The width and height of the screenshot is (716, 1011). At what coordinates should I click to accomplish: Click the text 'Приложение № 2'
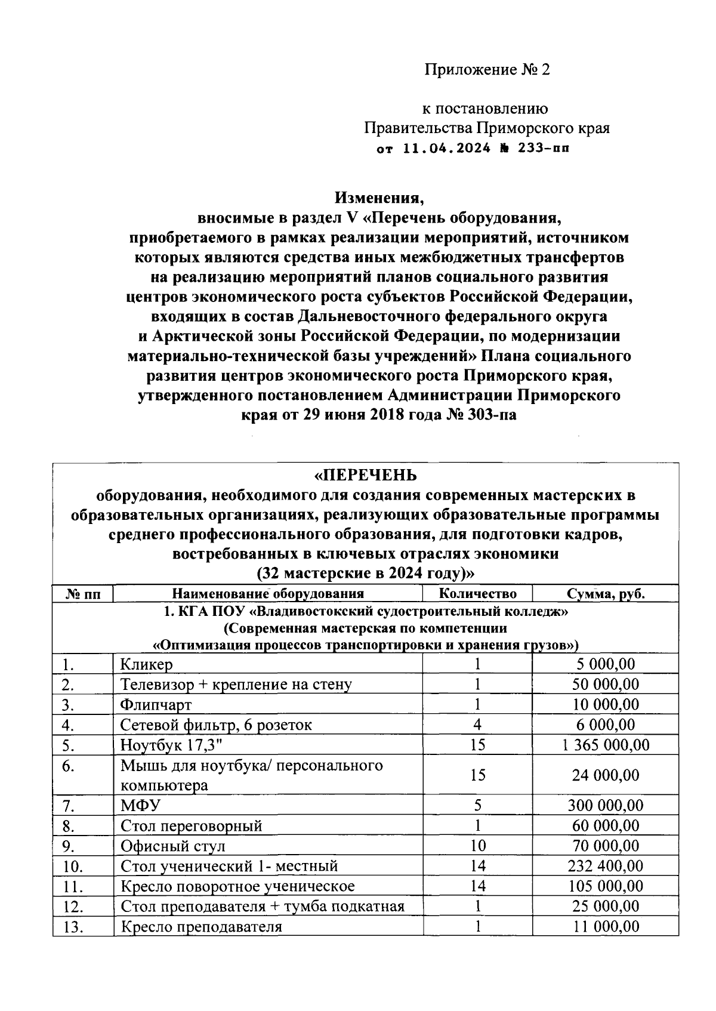486,70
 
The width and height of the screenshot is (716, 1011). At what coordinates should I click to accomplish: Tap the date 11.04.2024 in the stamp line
447,148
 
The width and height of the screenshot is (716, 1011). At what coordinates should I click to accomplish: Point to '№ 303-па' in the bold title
481,415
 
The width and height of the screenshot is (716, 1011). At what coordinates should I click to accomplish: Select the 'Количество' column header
477,593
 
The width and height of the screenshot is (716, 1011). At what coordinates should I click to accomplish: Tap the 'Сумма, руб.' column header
605,593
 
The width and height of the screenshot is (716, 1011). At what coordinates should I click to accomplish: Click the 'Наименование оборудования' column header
268,593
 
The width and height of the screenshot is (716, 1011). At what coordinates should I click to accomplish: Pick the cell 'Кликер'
147,664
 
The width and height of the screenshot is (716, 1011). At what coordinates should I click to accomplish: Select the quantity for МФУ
477,806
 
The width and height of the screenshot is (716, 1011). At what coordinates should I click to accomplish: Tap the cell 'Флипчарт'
156,705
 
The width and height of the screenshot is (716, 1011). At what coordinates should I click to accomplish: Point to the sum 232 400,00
605,866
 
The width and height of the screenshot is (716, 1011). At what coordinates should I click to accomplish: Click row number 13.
72,927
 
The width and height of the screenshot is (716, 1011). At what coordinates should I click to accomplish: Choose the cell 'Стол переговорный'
191,826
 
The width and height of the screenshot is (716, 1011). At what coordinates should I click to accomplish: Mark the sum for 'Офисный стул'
605,846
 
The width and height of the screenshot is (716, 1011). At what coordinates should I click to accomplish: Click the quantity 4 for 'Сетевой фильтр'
477,725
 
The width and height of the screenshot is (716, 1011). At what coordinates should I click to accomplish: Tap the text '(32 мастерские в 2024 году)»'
366,574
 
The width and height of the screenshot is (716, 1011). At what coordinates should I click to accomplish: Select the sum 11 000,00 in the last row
605,926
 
